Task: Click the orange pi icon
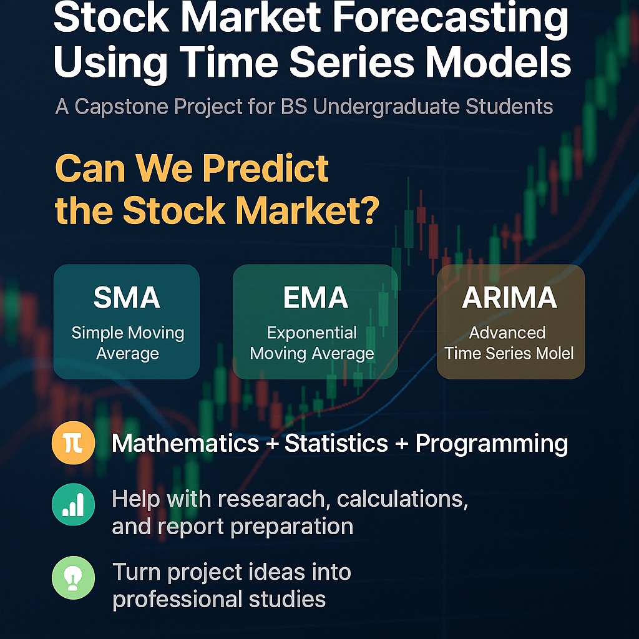(x=73, y=444)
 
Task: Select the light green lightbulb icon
(x=73, y=578)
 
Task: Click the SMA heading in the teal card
(x=127, y=298)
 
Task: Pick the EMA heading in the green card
(x=315, y=298)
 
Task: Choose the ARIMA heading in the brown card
(x=510, y=298)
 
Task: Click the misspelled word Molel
(x=550, y=353)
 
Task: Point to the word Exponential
(x=312, y=333)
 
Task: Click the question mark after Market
(x=368, y=212)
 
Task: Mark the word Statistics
(x=336, y=444)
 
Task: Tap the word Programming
(x=492, y=444)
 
